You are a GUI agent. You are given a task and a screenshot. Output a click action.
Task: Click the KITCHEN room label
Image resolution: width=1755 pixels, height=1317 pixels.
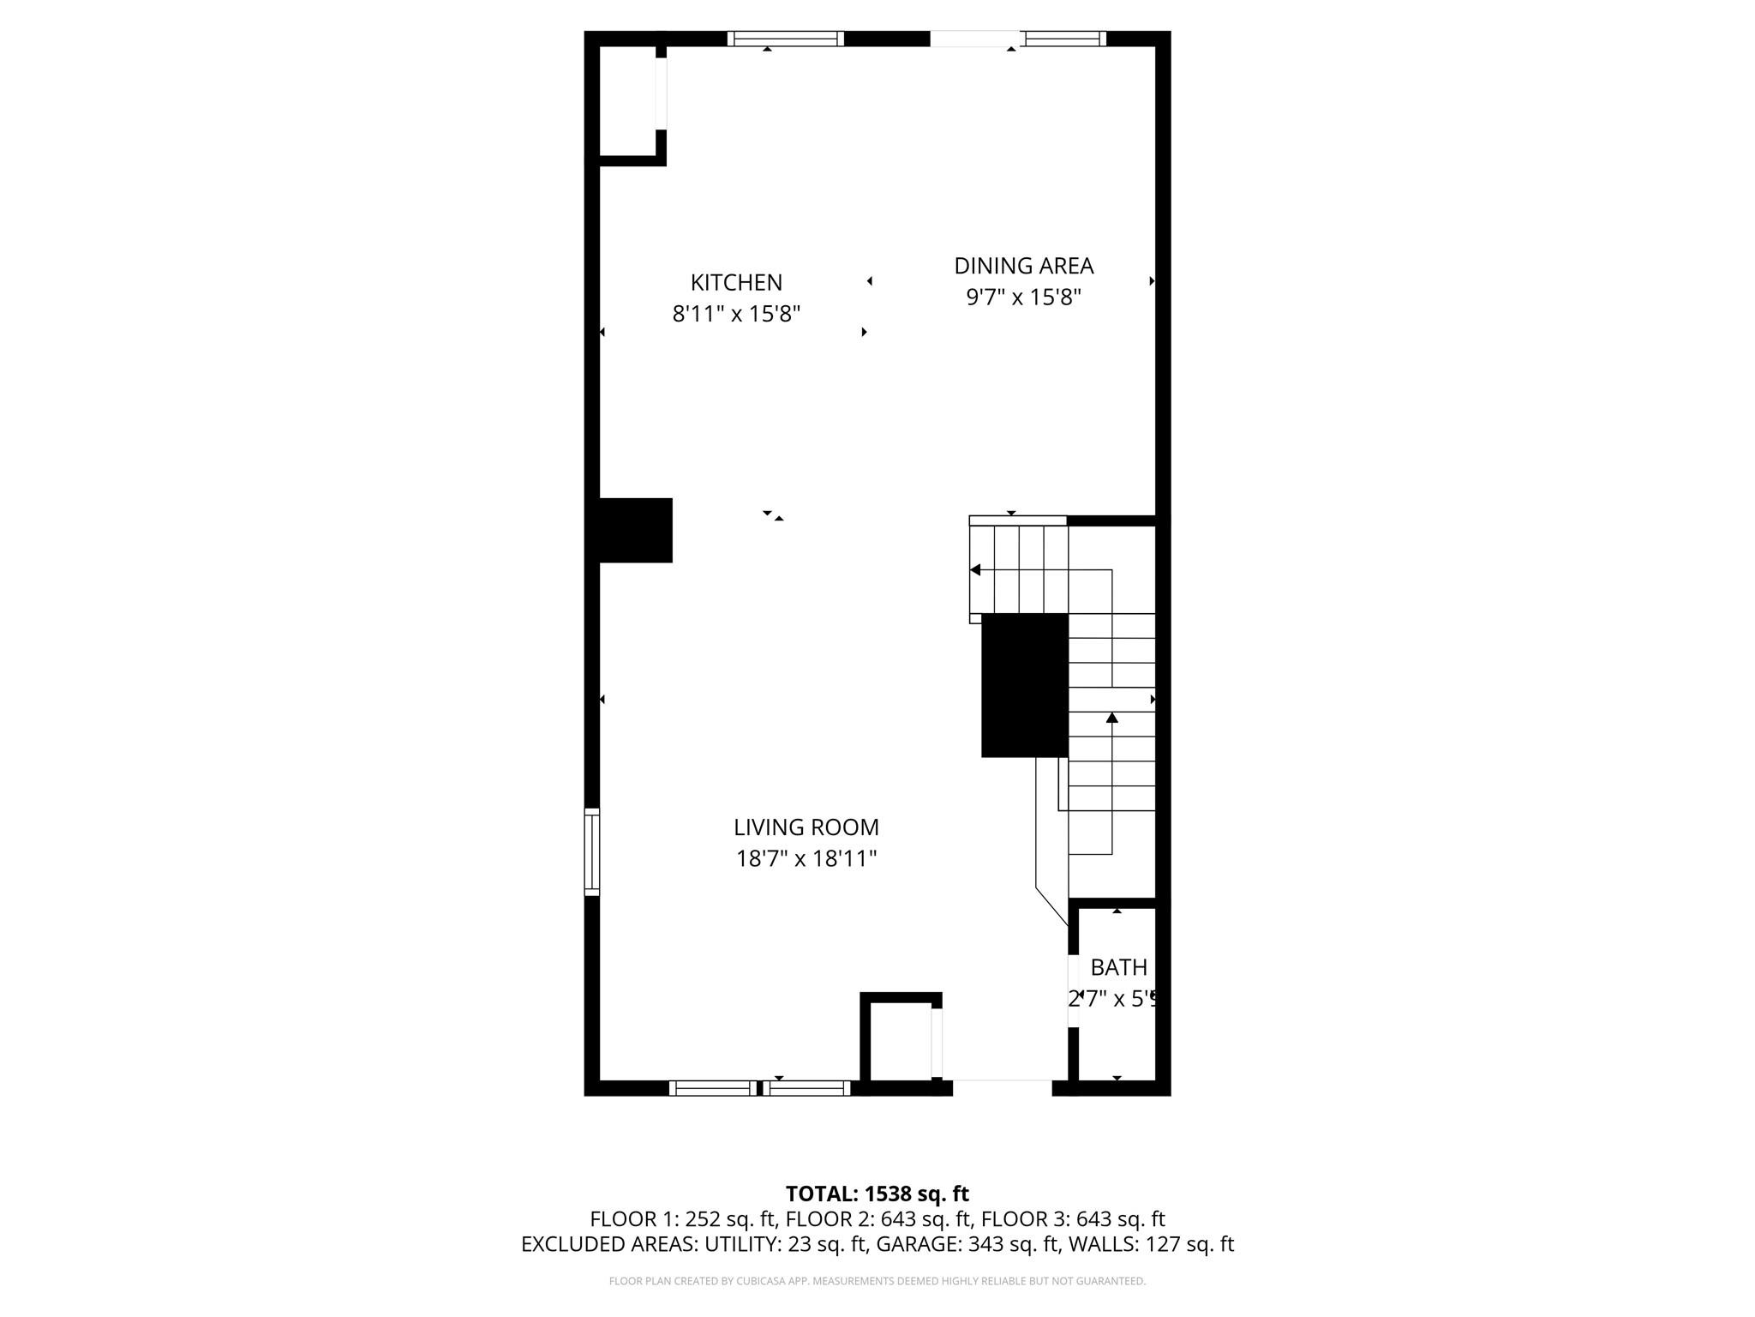(736, 282)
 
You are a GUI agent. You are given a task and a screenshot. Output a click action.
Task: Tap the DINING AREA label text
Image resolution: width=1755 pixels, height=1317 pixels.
(1023, 266)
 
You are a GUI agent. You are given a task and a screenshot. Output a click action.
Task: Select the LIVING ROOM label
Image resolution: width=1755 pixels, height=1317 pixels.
(806, 827)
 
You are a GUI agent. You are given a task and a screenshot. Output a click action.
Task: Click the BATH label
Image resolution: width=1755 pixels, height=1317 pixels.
(1118, 967)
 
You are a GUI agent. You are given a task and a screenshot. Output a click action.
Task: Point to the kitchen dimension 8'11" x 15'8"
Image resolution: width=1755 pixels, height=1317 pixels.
(736, 314)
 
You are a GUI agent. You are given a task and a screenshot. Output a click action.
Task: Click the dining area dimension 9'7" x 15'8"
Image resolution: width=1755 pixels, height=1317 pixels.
(1023, 298)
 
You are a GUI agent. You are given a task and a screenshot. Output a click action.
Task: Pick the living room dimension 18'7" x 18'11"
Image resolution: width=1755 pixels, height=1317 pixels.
(806, 858)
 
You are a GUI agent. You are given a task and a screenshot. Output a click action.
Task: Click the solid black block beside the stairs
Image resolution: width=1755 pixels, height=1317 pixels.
(1024, 684)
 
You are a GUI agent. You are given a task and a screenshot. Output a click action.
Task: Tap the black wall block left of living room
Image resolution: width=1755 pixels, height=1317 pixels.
(634, 530)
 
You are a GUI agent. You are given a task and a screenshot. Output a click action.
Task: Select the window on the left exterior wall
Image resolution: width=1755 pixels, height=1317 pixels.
(591, 851)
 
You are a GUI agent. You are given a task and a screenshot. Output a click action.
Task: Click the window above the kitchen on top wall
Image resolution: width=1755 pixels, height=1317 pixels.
(785, 39)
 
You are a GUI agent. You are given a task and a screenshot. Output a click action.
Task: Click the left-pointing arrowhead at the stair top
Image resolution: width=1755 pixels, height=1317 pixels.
(975, 570)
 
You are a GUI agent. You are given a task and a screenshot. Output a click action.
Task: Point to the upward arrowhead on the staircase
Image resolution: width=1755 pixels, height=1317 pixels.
(1111, 717)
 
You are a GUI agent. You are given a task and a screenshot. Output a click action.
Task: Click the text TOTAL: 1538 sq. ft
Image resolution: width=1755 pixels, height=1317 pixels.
(877, 1194)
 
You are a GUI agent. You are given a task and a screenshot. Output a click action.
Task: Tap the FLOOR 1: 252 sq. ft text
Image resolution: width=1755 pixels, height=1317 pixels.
(682, 1219)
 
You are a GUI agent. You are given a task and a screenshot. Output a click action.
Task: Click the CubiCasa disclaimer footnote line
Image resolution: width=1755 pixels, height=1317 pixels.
(877, 1281)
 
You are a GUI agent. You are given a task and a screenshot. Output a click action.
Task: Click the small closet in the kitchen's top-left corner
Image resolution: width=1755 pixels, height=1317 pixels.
(627, 101)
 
